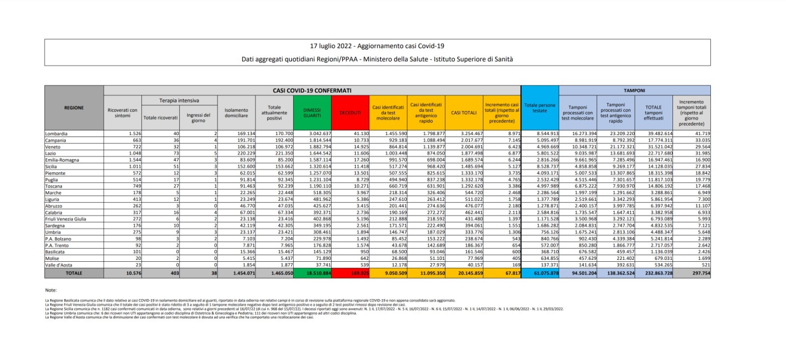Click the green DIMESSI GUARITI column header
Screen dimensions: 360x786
pos(312,112)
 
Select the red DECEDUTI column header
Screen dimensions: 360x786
pos(350,112)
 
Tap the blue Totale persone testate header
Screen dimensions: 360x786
pos(539,108)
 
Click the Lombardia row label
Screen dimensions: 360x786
pos(56,134)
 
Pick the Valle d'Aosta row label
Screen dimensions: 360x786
pos(59,265)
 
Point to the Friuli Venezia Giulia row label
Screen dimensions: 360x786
pos(65,219)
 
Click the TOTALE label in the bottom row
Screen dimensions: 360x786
pos(74,273)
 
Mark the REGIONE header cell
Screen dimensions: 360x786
pos(74,108)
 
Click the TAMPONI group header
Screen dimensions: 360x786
pos(634,90)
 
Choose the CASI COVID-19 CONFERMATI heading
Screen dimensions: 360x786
pos(312,90)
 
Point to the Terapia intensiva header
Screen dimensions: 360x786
pos(179,100)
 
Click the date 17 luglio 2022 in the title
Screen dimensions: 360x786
pos(331,46)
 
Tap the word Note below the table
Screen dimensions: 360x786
pos(51,290)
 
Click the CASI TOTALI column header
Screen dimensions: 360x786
pos(464,112)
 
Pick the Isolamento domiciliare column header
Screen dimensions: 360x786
pos(236,112)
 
